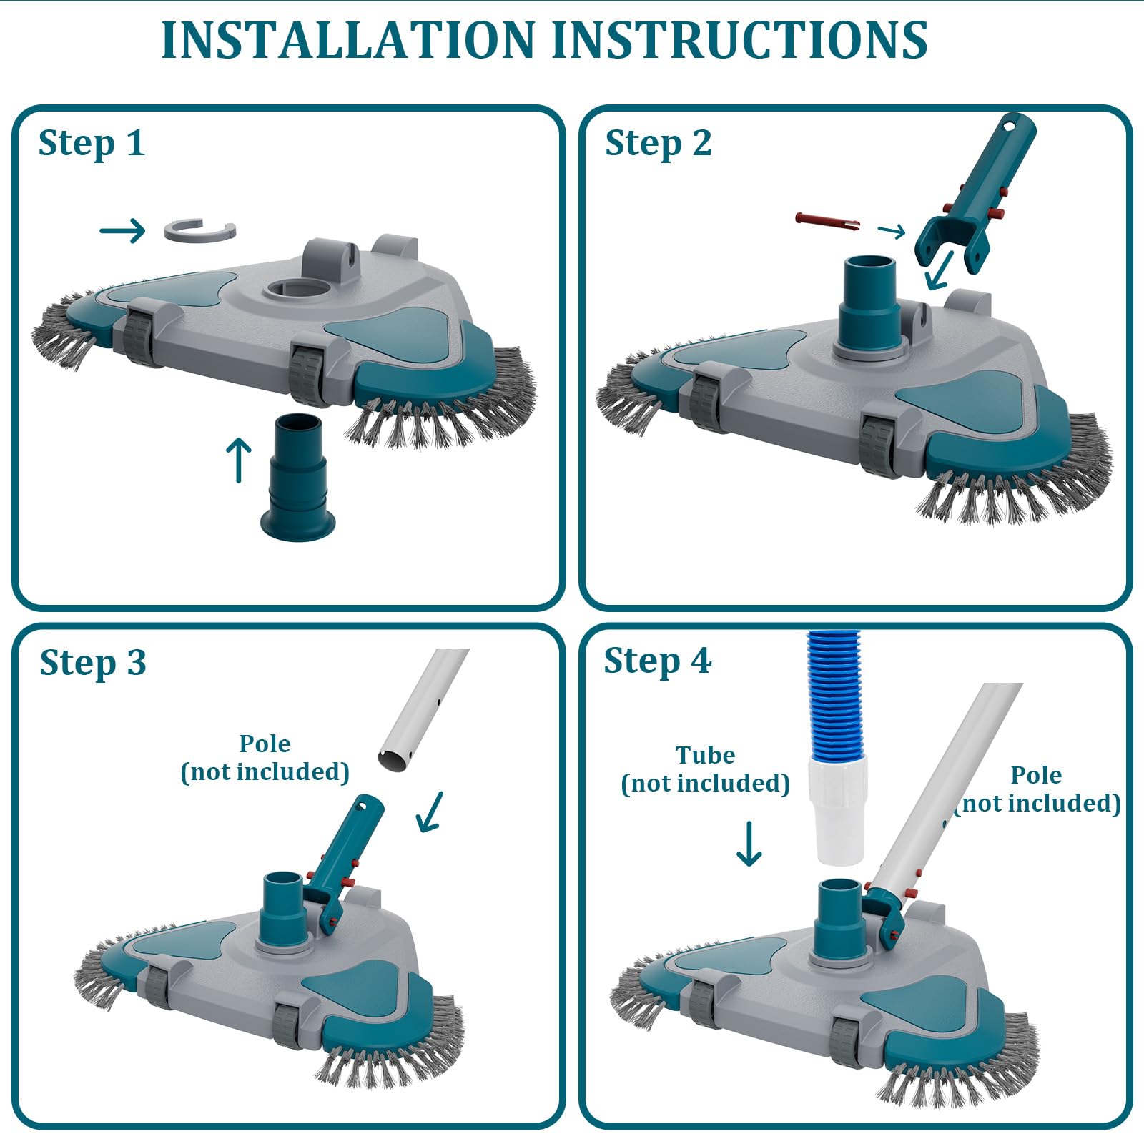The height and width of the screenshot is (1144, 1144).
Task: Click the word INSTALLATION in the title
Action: [x=347, y=39]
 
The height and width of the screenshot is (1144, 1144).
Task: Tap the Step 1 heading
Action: [x=92, y=143]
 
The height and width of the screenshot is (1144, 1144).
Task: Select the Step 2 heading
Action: [x=659, y=143]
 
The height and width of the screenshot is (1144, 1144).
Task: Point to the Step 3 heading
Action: [x=93, y=662]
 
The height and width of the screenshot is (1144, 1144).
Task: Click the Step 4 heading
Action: [x=658, y=660]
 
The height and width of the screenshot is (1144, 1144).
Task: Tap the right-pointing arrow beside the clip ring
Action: [x=122, y=230]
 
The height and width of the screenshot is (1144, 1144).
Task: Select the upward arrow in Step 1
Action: [x=239, y=460]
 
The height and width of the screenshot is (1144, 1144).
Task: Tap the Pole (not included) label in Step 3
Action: [x=265, y=758]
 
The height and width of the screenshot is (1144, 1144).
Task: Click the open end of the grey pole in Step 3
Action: [x=395, y=759]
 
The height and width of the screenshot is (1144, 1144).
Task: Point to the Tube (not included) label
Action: [x=705, y=769]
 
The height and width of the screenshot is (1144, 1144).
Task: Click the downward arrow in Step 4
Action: [x=749, y=844]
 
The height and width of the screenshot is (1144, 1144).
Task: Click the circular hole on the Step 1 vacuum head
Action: [x=297, y=290]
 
